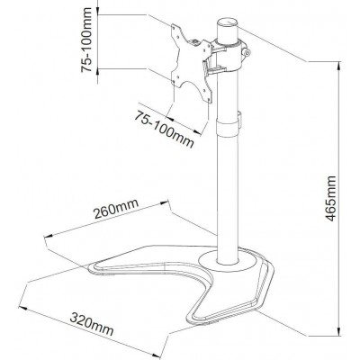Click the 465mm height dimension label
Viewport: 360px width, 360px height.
(x=331, y=198)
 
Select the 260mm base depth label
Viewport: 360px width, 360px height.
(x=116, y=208)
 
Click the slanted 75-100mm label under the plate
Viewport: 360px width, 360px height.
(x=164, y=129)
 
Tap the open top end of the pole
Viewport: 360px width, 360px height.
(x=227, y=23)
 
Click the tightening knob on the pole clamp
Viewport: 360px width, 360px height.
(x=247, y=53)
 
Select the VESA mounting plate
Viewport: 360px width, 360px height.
(x=191, y=64)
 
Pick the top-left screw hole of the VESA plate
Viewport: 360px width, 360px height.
(x=175, y=27)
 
